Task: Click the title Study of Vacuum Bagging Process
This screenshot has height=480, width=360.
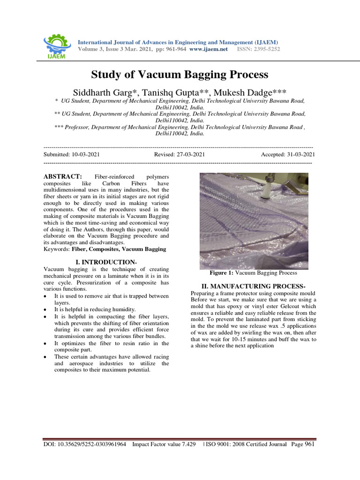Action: (180, 75)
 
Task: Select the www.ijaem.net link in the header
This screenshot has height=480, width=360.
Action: (209, 49)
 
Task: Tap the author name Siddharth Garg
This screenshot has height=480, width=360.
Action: (124, 90)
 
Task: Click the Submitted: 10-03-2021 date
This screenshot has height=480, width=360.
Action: (71, 154)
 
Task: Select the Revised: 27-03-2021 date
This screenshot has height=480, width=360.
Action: (179, 154)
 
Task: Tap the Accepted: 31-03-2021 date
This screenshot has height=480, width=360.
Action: (288, 154)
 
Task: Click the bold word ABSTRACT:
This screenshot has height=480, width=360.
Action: (63, 176)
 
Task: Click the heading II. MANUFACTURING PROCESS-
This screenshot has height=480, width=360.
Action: (253, 286)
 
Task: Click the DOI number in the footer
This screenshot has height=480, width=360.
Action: (85, 444)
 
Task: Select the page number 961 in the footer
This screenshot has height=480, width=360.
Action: (309, 444)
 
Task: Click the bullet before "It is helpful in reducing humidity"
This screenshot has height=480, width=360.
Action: (45, 309)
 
